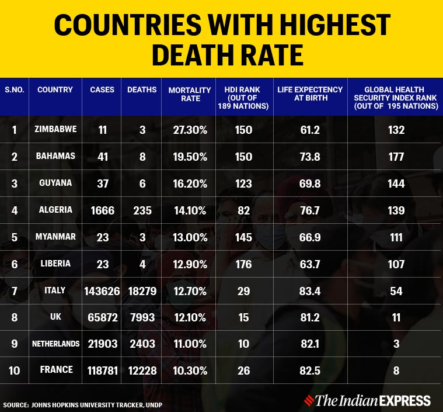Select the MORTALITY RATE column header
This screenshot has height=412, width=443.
[190, 94]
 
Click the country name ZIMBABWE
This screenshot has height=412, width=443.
[55, 129]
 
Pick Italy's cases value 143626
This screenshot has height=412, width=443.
[102, 290]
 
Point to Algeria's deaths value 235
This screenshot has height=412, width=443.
[142, 210]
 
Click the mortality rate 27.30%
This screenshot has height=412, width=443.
[189, 130]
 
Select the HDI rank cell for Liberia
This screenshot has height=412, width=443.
[243, 264]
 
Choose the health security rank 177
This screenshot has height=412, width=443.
[396, 157]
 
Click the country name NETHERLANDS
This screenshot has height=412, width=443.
[55, 344]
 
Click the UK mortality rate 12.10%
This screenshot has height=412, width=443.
[189, 317]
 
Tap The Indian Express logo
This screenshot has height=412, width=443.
[374, 401]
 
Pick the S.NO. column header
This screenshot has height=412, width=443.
[15, 90]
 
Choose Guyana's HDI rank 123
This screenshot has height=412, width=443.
[243, 183]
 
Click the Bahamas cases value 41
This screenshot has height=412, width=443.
[102, 157]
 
